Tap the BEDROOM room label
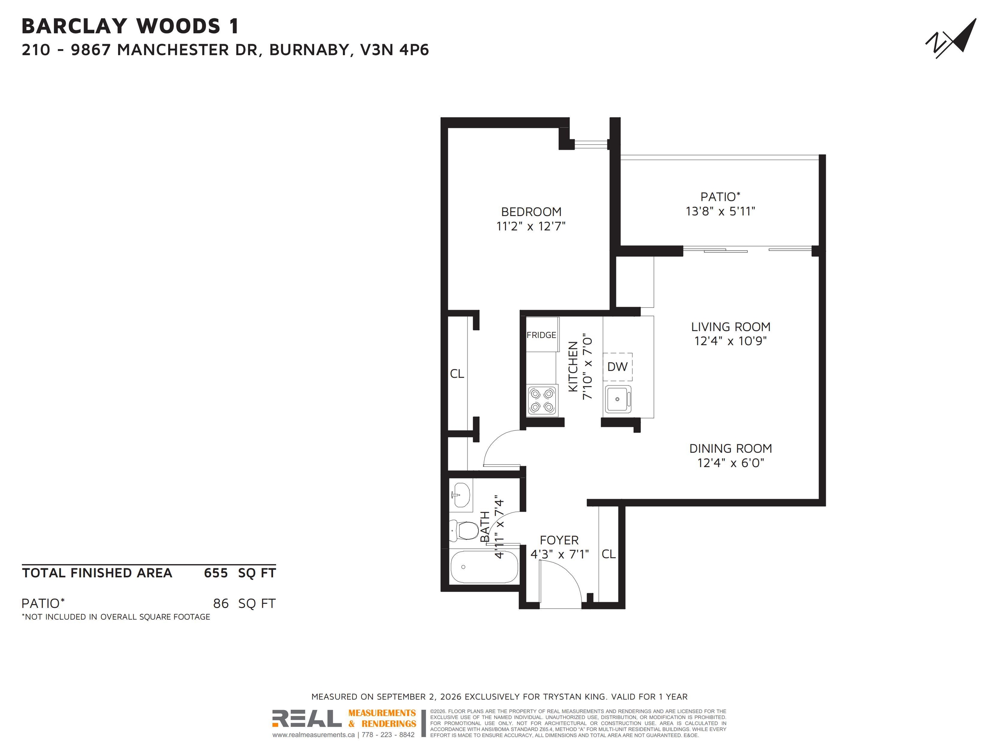pyautogui.click(x=531, y=212)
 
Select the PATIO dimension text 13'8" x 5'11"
pyautogui.click(x=720, y=211)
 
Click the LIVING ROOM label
pyautogui.click(x=731, y=327)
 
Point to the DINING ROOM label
pyautogui.click(x=731, y=449)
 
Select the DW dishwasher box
pyautogui.click(x=617, y=367)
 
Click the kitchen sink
pyautogui.click(x=618, y=399)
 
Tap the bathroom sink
pyautogui.click(x=460, y=495)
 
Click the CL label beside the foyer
pyautogui.click(x=608, y=554)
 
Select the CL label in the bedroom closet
pyautogui.click(x=457, y=374)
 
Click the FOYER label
pyautogui.click(x=559, y=540)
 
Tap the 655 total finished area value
pyautogui.click(x=216, y=573)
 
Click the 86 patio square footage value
pyautogui.click(x=221, y=604)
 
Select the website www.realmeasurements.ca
pyautogui.click(x=314, y=735)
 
